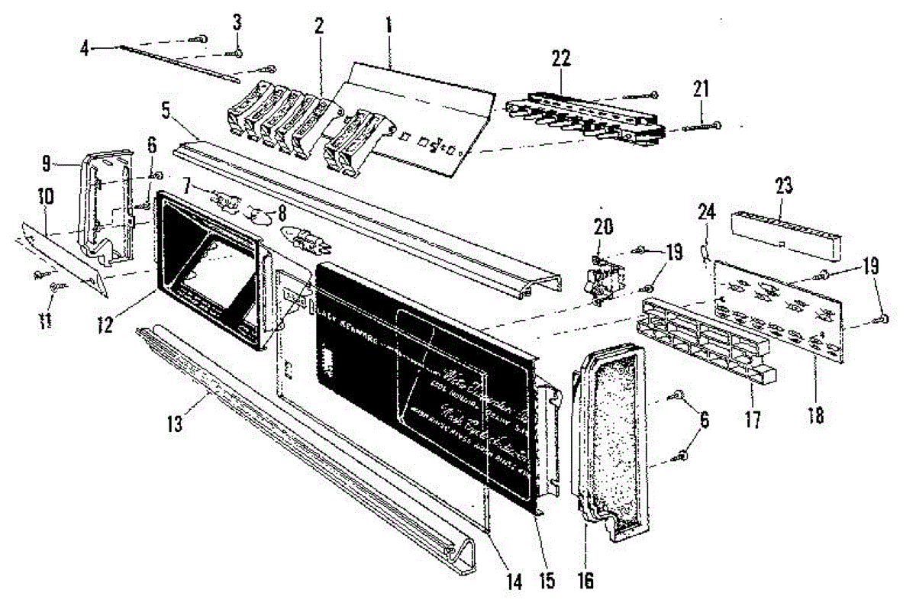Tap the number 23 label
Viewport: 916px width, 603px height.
click(785, 185)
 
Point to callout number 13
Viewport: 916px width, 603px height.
click(176, 424)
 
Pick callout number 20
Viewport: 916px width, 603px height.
click(602, 225)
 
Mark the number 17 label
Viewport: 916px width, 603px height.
click(753, 419)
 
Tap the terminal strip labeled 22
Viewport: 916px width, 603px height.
click(584, 114)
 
